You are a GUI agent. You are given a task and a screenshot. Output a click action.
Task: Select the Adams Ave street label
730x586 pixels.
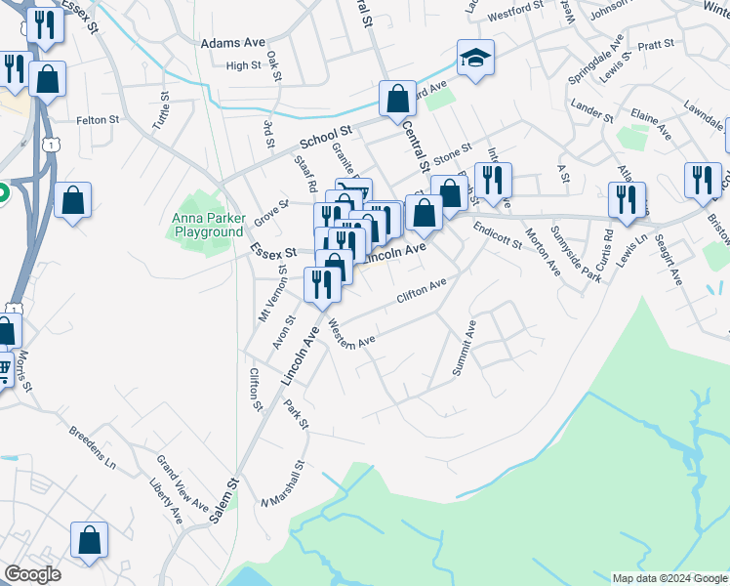[x=233, y=44]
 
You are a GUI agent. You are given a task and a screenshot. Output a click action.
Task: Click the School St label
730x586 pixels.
[x=326, y=135]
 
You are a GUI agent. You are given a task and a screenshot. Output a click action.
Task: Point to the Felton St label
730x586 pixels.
[x=98, y=120]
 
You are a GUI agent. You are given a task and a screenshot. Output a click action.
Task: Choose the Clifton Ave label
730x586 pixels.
[x=421, y=289]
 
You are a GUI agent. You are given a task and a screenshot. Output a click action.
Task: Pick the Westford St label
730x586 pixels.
[x=515, y=9]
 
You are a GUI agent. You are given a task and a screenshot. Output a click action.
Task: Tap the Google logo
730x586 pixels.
[x=32, y=574]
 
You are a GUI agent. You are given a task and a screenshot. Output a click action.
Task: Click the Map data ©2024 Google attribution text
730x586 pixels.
[x=669, y=578]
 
